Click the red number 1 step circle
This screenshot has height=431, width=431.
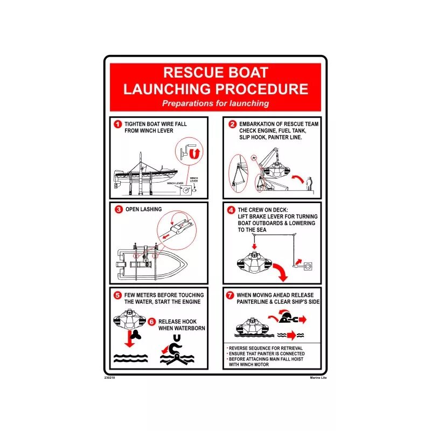(x=117, y=124)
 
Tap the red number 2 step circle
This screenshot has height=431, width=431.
(x=232, y=124)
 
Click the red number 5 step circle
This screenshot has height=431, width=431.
(x=117, y=295)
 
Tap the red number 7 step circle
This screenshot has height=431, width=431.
(x=230, y=295)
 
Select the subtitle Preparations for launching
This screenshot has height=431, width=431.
(x=215, y=103)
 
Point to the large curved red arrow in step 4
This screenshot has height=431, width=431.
(x=279, y=271)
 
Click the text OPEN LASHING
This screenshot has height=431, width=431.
(x=143, y=210)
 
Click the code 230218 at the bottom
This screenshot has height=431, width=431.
(x=109, y=378)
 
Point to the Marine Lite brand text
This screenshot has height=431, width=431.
(x=318, y=378)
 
